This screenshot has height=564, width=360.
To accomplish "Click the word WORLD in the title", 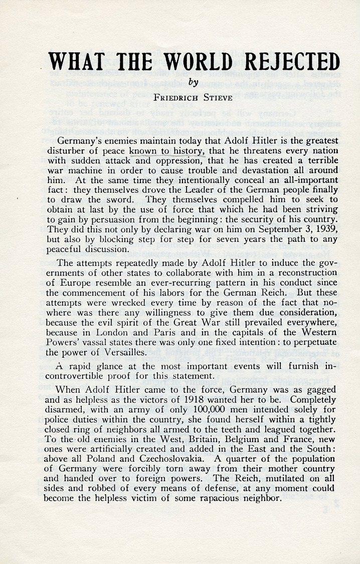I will (190, 62).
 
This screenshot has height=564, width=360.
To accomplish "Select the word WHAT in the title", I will (77, 62).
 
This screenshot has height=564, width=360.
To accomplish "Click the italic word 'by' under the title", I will (190, 81).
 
